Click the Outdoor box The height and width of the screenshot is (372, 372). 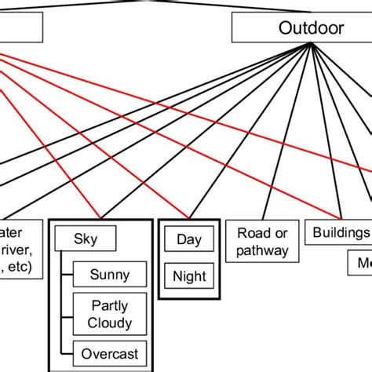(312, 29)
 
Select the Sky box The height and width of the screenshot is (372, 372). (86, 238)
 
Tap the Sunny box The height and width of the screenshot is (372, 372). (109, 275)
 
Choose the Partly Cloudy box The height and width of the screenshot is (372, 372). (109, 314)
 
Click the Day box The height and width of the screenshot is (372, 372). (189, 239)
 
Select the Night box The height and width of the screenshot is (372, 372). (189, 275)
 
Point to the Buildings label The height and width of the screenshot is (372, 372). (341, 232)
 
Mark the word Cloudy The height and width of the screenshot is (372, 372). (110, 323)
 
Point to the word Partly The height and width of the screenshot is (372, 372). (110, 305)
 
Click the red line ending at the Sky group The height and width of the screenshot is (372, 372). (63, 157)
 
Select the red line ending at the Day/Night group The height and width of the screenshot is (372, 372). (118, 149)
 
